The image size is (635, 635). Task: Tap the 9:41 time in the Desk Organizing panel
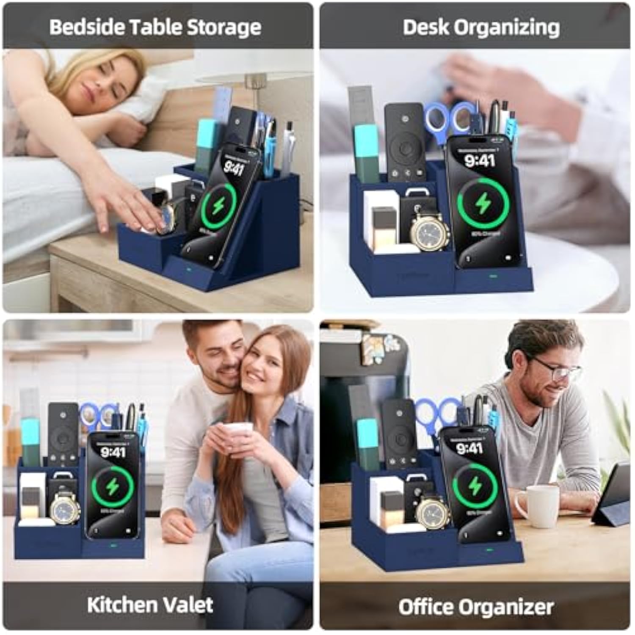click(x=479, y=161)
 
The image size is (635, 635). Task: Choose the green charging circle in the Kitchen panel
click(x=113, y=487)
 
